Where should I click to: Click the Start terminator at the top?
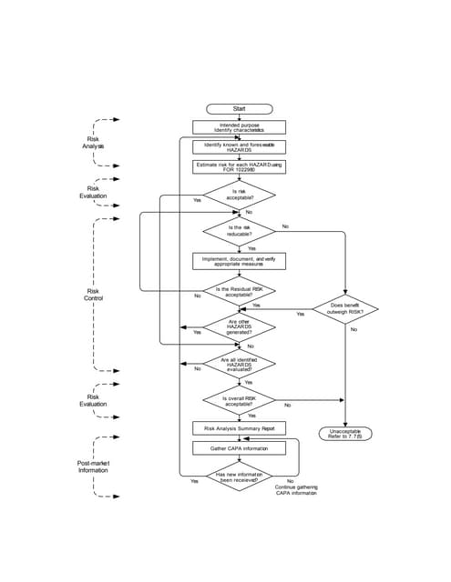(239, 108)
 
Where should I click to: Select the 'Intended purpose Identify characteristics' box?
(239, 127)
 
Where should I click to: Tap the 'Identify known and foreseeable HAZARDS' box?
(239, 146)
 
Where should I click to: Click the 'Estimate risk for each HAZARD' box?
(239, 166)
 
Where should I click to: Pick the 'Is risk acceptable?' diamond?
(239, 194)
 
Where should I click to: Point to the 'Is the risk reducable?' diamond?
(239, 231)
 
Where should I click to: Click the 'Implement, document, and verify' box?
(239, 261)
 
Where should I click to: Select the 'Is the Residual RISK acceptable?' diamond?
(239, 291)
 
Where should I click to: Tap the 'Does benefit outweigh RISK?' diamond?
(345, 309)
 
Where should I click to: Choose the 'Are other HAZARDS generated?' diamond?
(239, 326)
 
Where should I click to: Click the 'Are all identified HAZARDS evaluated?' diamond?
(239, 364)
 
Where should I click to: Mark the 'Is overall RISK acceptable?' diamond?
(239, 400)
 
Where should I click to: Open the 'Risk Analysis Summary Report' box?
(239, 427)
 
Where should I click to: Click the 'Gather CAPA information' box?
(239, 447)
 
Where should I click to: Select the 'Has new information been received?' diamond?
(239, 477)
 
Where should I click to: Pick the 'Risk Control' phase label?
(94, 295)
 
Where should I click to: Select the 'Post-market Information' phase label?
(93, 467)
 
